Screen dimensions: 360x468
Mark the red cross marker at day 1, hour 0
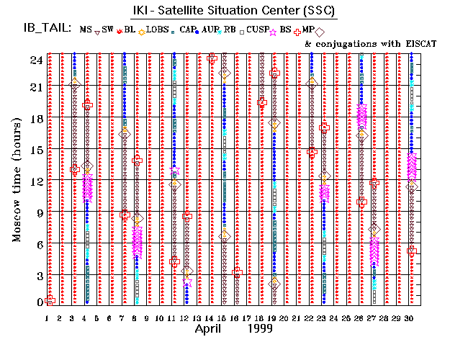click(x=50, y=300)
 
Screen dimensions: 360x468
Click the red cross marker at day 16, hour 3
click(x=237, y=272)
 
